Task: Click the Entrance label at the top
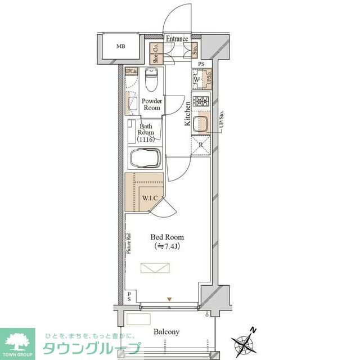[x=177, y=39]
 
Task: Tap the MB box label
[x=120, y=46]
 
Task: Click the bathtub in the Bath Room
[x=146, y=159]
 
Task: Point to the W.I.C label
[x=149, y=197]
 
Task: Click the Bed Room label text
[x=167, y=237]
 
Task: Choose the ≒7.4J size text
[x=167, y=246]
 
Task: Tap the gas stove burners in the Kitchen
[x=201, y=102]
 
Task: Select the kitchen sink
[x=201, y=125]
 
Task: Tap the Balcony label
[x=166, y=332]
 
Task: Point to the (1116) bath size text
[x=146, y=139]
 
